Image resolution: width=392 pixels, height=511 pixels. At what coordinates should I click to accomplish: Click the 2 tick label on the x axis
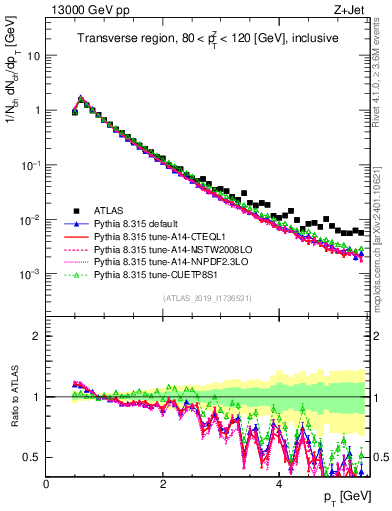tap(163, 484)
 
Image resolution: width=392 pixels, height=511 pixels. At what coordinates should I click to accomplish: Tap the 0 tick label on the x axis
tap(46, 484)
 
